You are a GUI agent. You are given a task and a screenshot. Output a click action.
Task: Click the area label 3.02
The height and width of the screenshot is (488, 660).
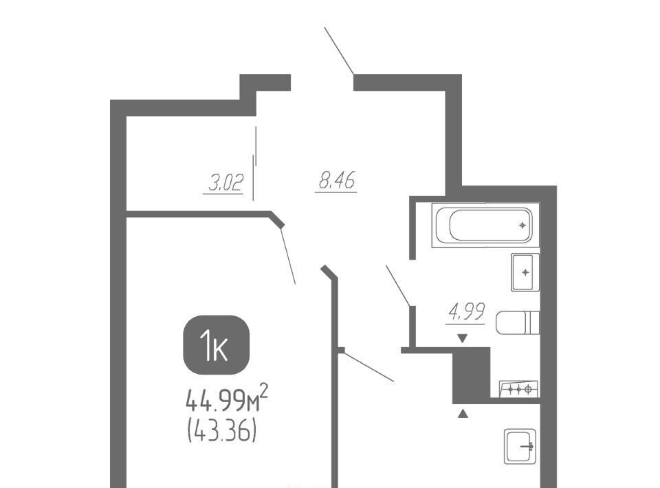(x=226, y=184)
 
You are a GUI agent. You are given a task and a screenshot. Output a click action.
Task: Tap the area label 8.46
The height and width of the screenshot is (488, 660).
(x=337, y=181)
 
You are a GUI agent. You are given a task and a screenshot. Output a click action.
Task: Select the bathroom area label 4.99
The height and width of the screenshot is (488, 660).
(x=466, y=312)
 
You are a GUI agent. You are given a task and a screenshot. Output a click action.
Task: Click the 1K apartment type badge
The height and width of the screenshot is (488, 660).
(x=217, y=345)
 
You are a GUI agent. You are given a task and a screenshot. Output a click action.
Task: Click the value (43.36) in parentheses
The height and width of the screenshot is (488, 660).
(x=222, y=432)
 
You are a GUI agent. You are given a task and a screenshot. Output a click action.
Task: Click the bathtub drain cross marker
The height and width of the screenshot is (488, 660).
(x=522, y=225)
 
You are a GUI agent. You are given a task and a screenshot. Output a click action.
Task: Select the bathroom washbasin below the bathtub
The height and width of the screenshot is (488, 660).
(x=525, y=272)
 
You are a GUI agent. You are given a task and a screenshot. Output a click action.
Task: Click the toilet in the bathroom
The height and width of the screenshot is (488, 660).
(x=518, y=322)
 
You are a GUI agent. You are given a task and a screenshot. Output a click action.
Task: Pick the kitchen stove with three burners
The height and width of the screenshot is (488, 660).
(x=518, y=389)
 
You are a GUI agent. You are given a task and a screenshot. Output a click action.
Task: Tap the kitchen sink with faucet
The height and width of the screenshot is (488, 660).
(x=520, y=446)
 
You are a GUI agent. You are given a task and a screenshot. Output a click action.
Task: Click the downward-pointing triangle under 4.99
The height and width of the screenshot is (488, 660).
(x=463, y=337)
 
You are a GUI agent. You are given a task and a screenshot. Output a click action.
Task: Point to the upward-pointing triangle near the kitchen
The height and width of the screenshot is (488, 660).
(x=463, y=414)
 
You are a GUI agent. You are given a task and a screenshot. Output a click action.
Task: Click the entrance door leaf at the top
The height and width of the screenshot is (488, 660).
(x=339, y=51)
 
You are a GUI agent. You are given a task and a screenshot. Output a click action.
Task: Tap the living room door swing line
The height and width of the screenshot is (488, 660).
(x=288, y=256)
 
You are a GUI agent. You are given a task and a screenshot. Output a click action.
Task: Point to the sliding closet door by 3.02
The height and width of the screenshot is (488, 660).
(x=254, y=163)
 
